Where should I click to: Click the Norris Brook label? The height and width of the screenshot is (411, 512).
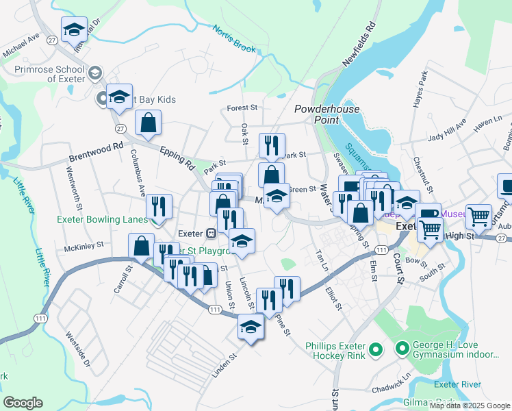point(233,40)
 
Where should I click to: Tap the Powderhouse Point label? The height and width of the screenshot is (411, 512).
point(317,114)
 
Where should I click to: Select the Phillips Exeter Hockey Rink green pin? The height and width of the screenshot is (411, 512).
point(374,351)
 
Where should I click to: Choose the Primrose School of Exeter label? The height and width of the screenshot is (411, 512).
point(44,73)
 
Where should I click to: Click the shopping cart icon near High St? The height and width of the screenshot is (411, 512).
point(479,216)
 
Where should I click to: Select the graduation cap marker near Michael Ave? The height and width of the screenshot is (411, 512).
point(74,29)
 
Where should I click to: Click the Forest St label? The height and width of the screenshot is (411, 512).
point(242,108)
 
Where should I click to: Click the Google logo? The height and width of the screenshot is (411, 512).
point(23,402)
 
